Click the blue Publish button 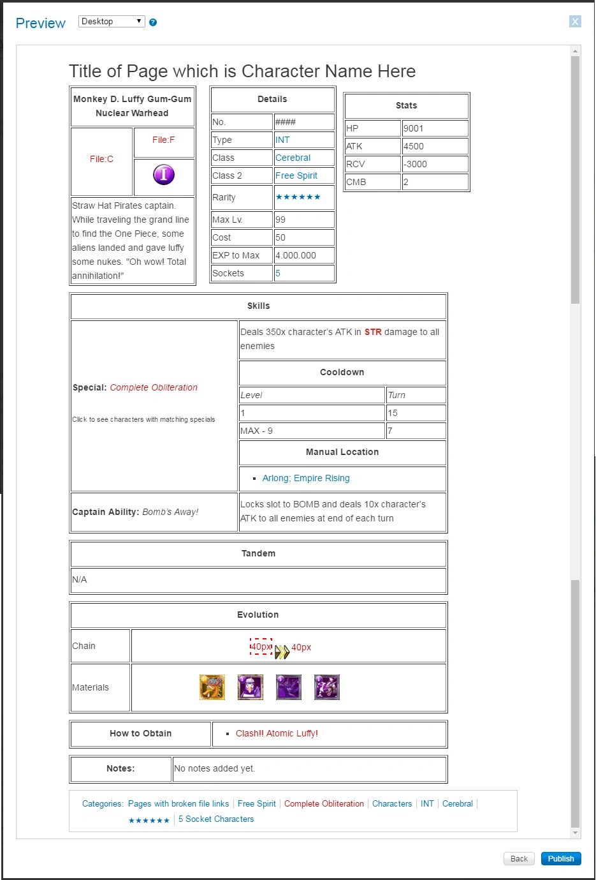click(560, 858)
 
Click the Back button click(519, 858)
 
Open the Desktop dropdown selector click(112, 21)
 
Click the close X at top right click(575, 22)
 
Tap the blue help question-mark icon click(153, 22)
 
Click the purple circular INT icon click(164, 174)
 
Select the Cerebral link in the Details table click(293, 158)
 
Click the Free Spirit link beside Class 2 click(296, 175)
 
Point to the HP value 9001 click(413, 128)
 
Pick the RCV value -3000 click(415, 164)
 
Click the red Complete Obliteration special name click(154, 387)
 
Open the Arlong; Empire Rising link click(306, 478)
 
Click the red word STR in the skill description click(373, 332)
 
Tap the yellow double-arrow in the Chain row click(282, 652)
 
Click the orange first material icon click(212, 687)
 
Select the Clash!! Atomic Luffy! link click(277, 733)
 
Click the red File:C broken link click(101, 159)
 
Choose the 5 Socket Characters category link click(216, 819)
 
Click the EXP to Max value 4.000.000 click(296, 255)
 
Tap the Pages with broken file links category click(178, 803)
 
